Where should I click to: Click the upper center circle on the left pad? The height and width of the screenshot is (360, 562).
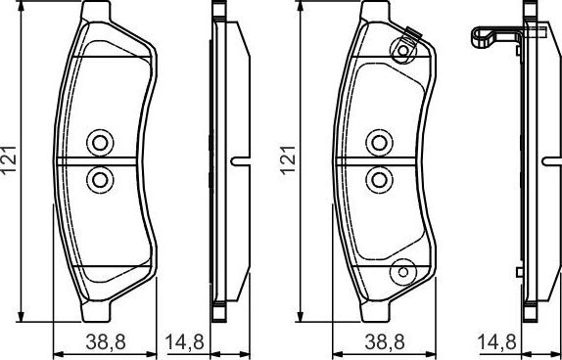pos(99,143)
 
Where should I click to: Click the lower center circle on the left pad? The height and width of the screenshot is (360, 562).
pos(99,179)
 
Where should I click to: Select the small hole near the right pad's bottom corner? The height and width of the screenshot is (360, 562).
pos(399,271)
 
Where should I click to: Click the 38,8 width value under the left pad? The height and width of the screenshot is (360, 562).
pos(100,342)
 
